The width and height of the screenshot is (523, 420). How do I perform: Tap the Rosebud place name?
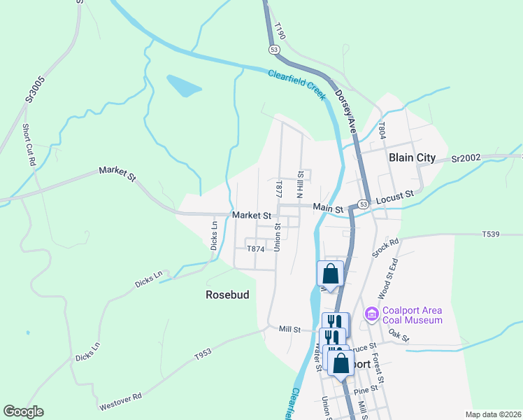tap(227, 295)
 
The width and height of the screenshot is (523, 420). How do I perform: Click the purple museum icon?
tap(371, 312)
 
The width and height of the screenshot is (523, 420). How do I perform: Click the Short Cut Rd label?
tap(29, 144)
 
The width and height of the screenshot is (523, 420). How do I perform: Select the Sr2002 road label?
tap(466, 159)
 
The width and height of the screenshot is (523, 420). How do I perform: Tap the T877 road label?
tap(279, 188)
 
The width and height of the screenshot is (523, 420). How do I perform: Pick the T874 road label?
tap(256, 248)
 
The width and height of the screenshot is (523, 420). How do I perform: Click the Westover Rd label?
tap(120, 401)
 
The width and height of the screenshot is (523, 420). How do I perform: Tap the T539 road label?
tap(492, 234)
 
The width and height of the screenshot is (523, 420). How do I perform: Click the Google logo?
tap(23, 412)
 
